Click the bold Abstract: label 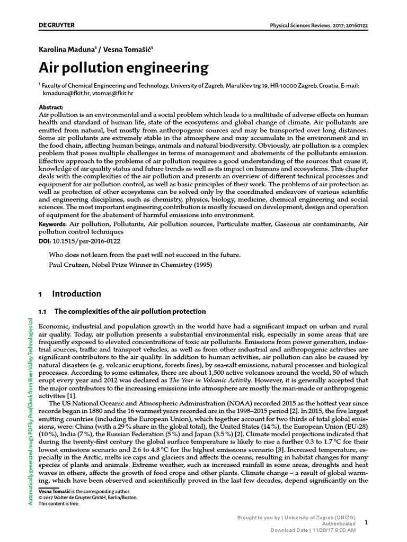click(x=51, y=107)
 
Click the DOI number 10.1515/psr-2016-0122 click(x=86, y=241)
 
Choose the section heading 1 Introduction click(x=70, y=294)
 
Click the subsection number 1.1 click(x=43, y=311)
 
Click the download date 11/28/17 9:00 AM click(x=333, y=530)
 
